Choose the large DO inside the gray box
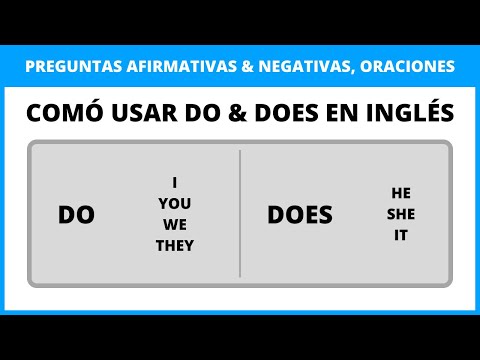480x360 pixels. tap(76, 215)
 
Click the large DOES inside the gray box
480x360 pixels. tap(300, 215)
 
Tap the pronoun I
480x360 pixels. tap(175, 183)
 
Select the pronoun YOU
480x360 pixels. tap(175, 204)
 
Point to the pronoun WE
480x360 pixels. tap(175, 225)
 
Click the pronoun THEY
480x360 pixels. tap(175, 246)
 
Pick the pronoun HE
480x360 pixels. tap(400, 193)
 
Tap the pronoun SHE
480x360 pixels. tap(400, 214)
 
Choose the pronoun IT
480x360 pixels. tap(400, 236)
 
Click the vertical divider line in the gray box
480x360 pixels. tap(240, 213)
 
